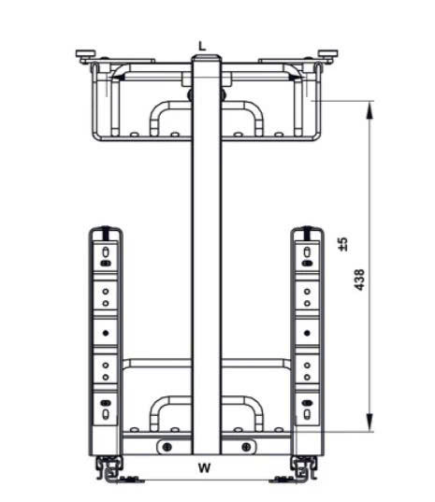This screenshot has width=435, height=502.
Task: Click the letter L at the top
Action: pyautogui.click(x=201, y=44)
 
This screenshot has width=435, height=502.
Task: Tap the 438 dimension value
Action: pyautogui.click(x=360, y=280)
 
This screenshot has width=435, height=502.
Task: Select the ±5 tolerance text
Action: pyautogui.click(x=343, y=243)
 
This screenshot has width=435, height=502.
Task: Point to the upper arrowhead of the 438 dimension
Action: pyautogui.click(x=370, y=110)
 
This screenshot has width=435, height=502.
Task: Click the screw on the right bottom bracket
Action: pyautogui.click(x=246, y=446)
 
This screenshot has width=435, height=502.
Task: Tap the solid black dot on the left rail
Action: pyautogui.click(x=106, y=332)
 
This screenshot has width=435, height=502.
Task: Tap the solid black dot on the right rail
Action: pyautogui.click(x=306, y=332)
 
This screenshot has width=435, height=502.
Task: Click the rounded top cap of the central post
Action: pyautogui.click(x=206, y=59)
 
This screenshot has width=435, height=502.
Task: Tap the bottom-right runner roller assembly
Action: pyautogui.click(x=304, y=465)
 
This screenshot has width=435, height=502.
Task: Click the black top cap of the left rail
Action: pyautogui.click(x=107, y=230)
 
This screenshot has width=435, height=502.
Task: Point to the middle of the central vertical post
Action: pyautogui.click(x=206, y=252)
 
